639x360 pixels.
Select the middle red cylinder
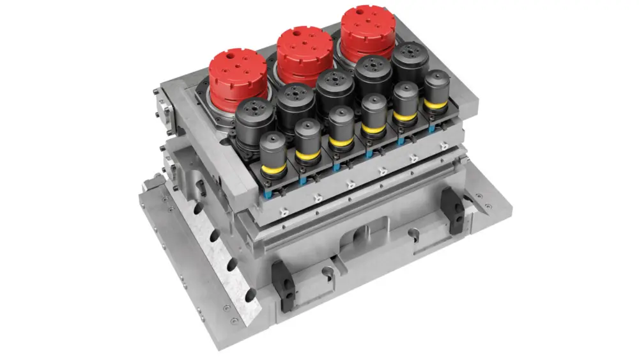point(304,51)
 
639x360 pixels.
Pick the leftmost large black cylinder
point(255,118)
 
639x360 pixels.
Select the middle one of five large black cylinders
point(335,89)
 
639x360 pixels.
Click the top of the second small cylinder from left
point(307,126)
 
